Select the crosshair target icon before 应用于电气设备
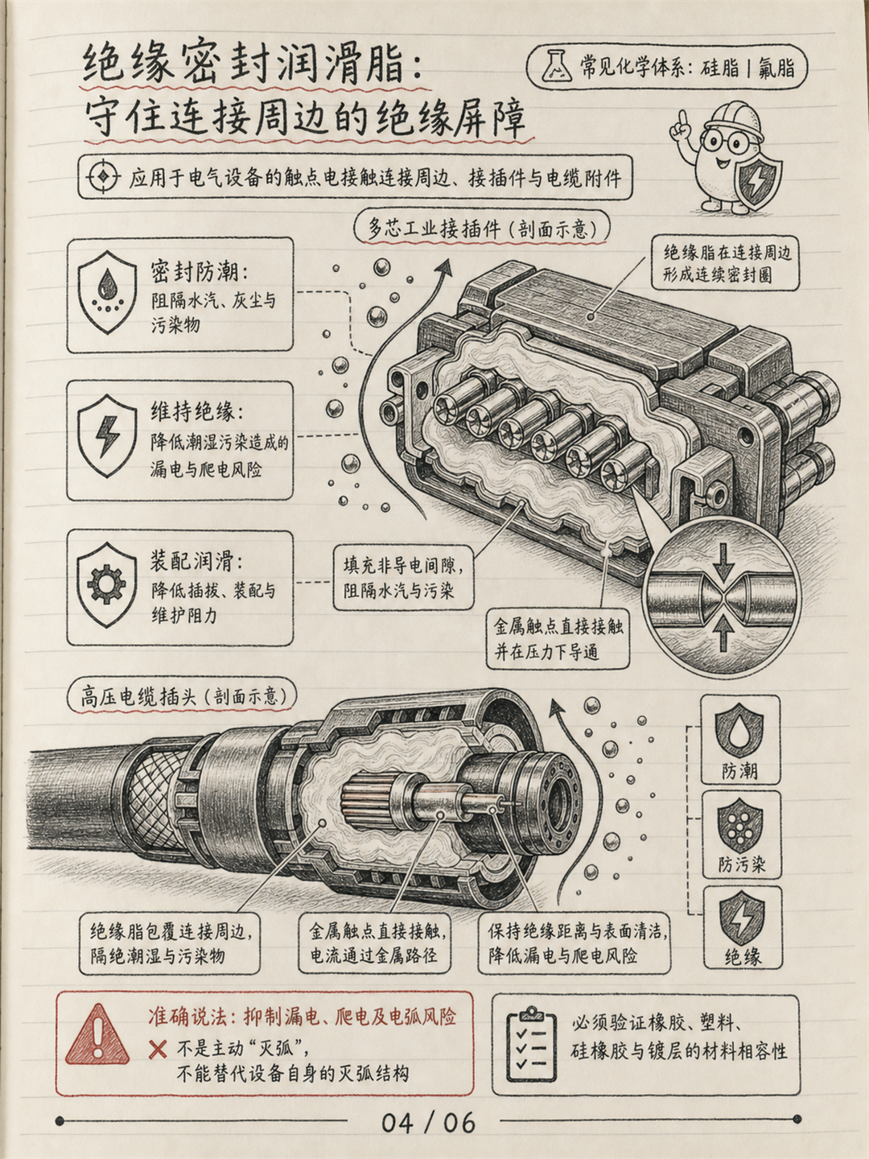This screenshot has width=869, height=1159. click(103, 176)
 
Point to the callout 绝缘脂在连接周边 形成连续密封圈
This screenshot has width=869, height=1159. click(727, 263)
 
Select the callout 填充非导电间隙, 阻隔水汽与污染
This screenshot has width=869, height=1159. click(404, 578)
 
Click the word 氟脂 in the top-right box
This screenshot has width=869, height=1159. click(776, 68)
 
